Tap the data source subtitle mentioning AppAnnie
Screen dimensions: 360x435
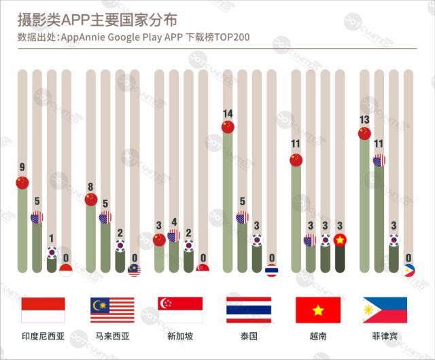[x=134, y=37]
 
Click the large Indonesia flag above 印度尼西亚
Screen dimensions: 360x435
[x=43, y=310]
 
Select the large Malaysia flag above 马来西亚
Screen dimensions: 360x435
[x=112, y=310]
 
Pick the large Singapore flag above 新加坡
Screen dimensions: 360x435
[x=180, y=310]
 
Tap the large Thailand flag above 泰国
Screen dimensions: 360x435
[x=249, y=310]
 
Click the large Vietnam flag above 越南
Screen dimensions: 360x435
[x=317, y=310]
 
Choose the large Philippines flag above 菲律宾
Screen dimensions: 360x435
[x=385, y=310]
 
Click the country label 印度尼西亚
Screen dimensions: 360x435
[x=43, y=336]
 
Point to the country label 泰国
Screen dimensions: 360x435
[x=249, y=336]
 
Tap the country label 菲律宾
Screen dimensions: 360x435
[x=385, y=336]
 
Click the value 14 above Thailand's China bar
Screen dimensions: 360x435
[x=228, y=113]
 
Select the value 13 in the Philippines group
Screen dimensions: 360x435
[x=364, y=120]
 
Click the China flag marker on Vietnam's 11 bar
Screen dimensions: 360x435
[x=295, y=160]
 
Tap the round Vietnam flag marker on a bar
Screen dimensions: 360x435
[x=340, y=239]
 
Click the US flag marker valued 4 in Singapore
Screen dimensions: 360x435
[x=173, y=235]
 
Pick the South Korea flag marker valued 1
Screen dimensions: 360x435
[x=52, y=252]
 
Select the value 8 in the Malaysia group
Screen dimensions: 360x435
[x=91, y=186]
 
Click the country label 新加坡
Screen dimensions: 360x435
[x=180, y=336]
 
